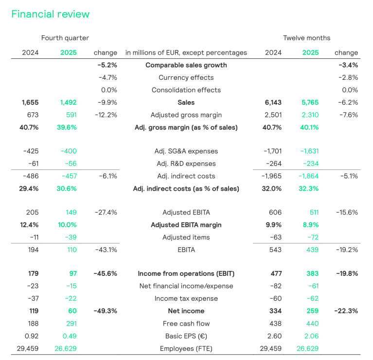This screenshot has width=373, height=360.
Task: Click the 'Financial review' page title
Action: click(51, 14)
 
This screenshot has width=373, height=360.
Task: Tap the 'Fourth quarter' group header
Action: click(65, 38)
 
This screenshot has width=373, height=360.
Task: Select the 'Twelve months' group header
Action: click(307, 38)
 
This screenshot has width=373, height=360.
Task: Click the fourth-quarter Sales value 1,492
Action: click(68, 103)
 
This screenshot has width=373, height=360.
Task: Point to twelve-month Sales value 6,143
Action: click(273, 103)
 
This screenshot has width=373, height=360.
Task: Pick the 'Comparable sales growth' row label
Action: click(186, 65)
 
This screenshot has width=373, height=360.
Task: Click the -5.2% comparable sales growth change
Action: click(107, 65)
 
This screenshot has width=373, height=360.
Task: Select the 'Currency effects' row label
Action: click(186, 77)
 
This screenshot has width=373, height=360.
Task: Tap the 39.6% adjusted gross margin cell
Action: click(67, 127)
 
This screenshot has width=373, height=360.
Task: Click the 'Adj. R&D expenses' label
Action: click(186, 163)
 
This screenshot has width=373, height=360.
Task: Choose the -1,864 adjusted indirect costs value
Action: click(308, 176)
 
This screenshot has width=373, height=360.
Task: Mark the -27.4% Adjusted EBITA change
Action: click(106, 213)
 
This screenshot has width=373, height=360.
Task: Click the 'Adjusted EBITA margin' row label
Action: click(186, 225)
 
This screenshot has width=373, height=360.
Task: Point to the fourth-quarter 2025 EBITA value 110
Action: click(72, 250)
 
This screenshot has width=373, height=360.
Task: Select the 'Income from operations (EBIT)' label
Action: click(186, 273)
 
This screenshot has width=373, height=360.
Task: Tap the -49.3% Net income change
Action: click(106, 311)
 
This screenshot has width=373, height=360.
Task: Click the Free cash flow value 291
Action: click(71, 324)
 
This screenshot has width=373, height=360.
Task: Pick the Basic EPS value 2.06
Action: click(311, 336)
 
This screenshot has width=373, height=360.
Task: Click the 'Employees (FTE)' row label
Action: click(186, 349)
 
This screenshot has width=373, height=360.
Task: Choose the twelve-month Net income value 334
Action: click(276, 311)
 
